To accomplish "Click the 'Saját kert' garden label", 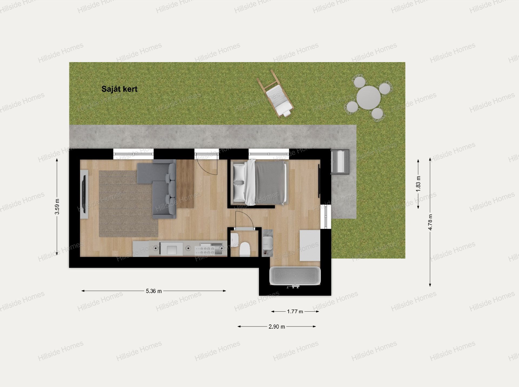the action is click(119, 89).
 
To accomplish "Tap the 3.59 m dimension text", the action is click(57, 207).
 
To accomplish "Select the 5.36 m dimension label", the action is click(154, 291).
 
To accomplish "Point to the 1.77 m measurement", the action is click(295, 312).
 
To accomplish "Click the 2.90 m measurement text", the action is click(277, 327).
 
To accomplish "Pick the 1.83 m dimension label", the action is click(418, 184).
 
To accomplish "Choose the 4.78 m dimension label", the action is click(430, 222).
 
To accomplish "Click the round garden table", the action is click(368, 97).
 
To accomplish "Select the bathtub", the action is click(295, 276).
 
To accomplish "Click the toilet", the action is click(245, 249).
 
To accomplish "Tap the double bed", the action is click(259, 182).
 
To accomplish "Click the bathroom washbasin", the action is click(268, 242).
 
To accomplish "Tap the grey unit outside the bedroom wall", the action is click(340, 161).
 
